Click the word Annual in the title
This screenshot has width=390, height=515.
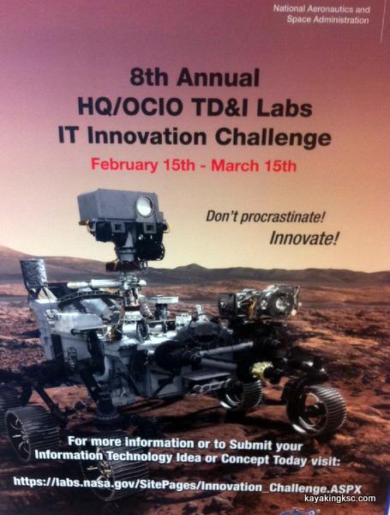pos(218,77)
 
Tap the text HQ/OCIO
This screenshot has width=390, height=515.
pos(130,107)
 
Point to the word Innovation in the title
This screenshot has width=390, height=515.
pos(147,136)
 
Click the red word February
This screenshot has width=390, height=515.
pos(124,164)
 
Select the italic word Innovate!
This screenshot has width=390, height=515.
pos(303,239)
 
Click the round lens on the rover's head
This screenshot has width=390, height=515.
pos(144,206)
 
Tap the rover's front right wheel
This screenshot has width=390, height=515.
pos(316,410)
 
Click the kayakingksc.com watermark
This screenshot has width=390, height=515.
pos(339,499)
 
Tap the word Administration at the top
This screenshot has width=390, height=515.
pos(341,20)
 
